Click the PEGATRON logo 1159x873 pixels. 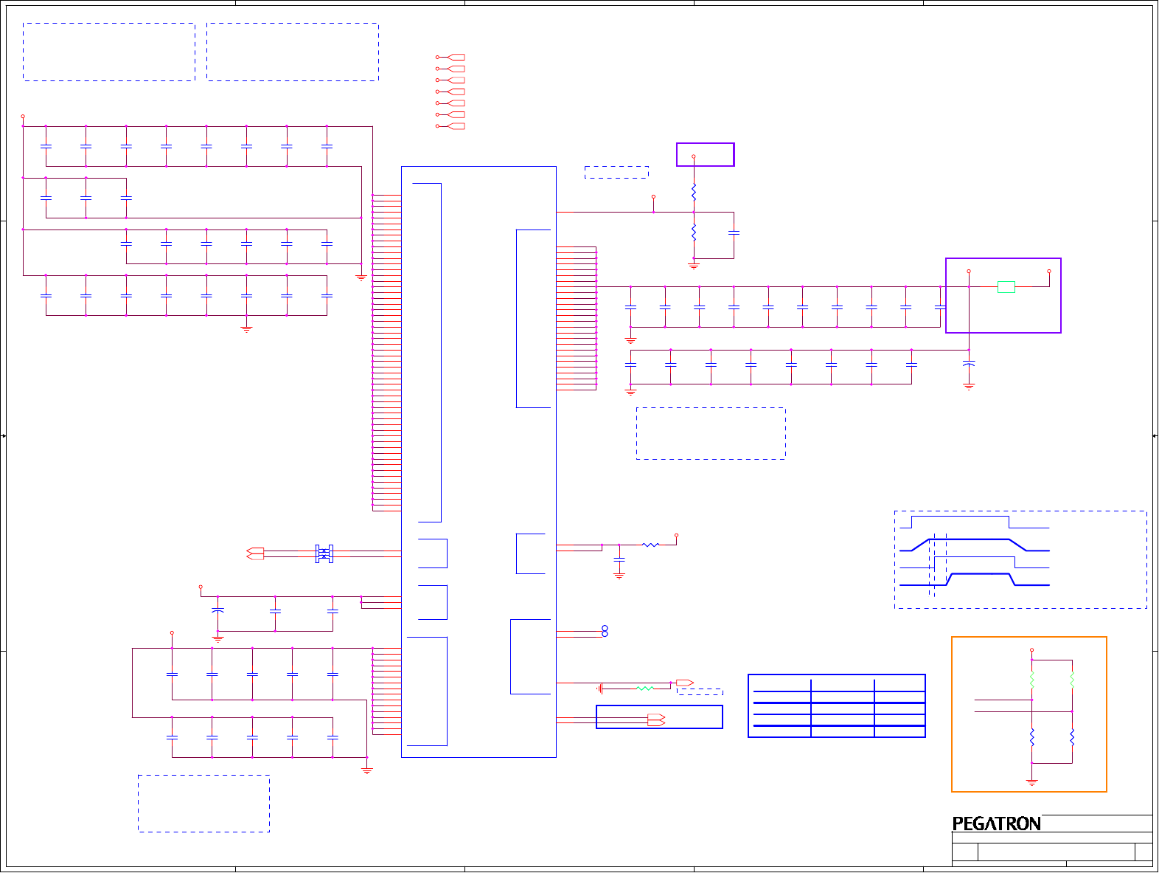tap(996, 824)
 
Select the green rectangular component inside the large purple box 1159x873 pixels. tap(1006, 287)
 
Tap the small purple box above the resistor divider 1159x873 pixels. tap(705, 154)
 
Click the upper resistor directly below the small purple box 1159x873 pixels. tap(694, 193)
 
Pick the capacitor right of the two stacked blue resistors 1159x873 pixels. tap(734, 233)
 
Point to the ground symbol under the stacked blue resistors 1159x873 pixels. tap(694, 266)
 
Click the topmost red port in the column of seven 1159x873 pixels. tap(456, 57)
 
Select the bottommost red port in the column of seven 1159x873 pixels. tap(456, 126)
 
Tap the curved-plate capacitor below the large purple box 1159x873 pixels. tap(969, 364)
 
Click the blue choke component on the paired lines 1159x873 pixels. tap(324, 553)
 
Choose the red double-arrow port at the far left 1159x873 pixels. tap(255, 553)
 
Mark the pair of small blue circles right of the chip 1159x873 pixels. tap(605, 631)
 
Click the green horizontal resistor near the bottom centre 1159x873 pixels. tap(644, 689)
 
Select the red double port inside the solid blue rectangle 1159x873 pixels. tap(656, 720)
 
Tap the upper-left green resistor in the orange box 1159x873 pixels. tap(1032, 680)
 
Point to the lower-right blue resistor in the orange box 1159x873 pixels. tap(1072, 736)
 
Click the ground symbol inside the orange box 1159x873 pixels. tap(1032, 781)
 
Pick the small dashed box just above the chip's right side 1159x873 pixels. tap(616, 172)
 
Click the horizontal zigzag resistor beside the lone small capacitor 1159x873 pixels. tap(650, 545)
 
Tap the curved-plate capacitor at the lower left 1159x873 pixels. tap(217, 611)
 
